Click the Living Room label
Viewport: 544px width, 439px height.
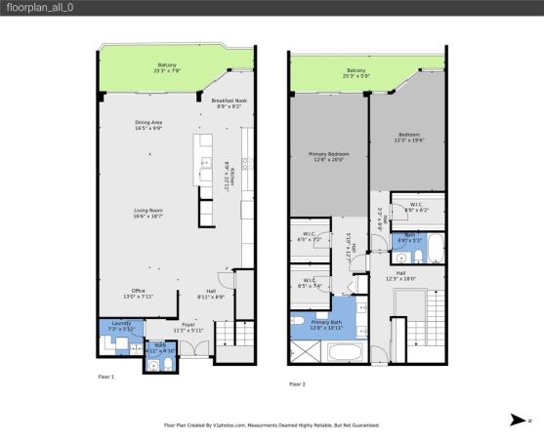pyautogui.click(x=148, y=211)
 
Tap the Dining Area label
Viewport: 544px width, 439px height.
pyautogui.click(x=148, y=124)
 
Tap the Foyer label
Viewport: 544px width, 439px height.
pyautogui.click(x=188, y=329)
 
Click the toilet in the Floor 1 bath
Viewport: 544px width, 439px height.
pyautogui.click(x=167, y=365)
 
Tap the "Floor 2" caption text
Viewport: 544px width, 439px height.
pyautogui.click(x=298, y=384)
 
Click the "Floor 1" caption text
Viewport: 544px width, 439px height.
pyautogui.click(x=106, y=376)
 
